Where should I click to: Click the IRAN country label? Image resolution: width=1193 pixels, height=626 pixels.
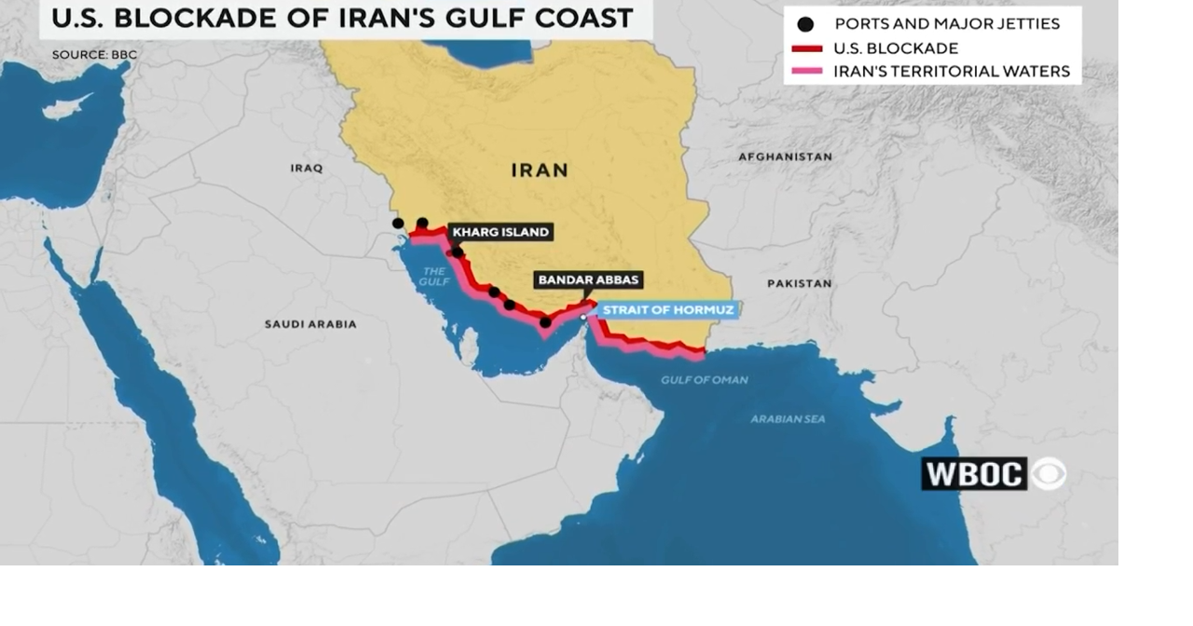540,170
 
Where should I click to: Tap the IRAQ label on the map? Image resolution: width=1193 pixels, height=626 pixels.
307,169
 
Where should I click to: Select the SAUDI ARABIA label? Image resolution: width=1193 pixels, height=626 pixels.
310,324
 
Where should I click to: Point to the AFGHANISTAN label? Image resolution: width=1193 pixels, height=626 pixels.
785,156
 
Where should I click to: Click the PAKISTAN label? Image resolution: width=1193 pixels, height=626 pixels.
799,283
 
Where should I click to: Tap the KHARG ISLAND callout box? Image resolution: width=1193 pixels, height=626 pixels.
501,232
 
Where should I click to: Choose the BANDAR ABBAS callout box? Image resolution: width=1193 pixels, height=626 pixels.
588,279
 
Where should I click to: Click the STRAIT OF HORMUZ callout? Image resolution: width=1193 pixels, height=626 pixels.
668,310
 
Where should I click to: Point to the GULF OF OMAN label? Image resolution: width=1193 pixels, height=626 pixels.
705,380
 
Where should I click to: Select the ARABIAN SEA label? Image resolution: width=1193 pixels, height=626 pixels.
788,419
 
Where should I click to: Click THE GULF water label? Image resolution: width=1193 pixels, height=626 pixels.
434,277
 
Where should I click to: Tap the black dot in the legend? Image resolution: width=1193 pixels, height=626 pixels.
805,24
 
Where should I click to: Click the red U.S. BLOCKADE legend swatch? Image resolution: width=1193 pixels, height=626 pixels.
806,48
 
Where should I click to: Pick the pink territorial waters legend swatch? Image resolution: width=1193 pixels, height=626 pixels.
806,72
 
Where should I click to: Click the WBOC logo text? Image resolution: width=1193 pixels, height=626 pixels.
974,474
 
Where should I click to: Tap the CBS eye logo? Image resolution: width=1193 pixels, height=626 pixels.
1049,474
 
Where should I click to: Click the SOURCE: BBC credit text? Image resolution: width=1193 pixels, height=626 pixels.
94,55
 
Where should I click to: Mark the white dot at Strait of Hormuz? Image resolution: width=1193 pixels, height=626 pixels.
583,318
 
